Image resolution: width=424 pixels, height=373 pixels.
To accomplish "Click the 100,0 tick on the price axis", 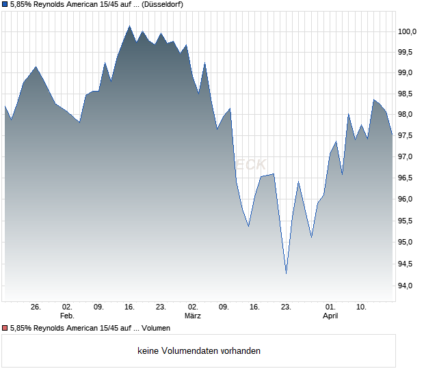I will (x=408, y=31).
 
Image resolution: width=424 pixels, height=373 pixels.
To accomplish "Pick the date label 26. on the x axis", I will (x=36, y=307).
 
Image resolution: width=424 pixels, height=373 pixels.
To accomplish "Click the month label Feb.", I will (x=67, y=316).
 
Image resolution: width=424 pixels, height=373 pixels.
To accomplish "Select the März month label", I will (x=192, y=316).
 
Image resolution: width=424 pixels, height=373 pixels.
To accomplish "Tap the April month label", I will (x=330, y=316).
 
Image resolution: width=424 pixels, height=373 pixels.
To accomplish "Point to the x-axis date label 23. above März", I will (x=161, y=307).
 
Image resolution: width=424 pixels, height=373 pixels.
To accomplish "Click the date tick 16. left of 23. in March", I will (x=254, y=307).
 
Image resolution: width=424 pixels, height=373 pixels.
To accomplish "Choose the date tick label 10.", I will (x=362, y=307).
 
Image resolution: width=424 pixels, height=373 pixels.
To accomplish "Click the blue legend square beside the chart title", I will (x=5, y=4).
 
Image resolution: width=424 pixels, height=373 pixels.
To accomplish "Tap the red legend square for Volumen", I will (x=5, y=328).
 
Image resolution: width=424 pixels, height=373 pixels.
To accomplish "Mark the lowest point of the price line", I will (x=286, y=274).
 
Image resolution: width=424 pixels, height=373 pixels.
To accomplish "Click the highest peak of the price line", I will (x=129, y=26).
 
